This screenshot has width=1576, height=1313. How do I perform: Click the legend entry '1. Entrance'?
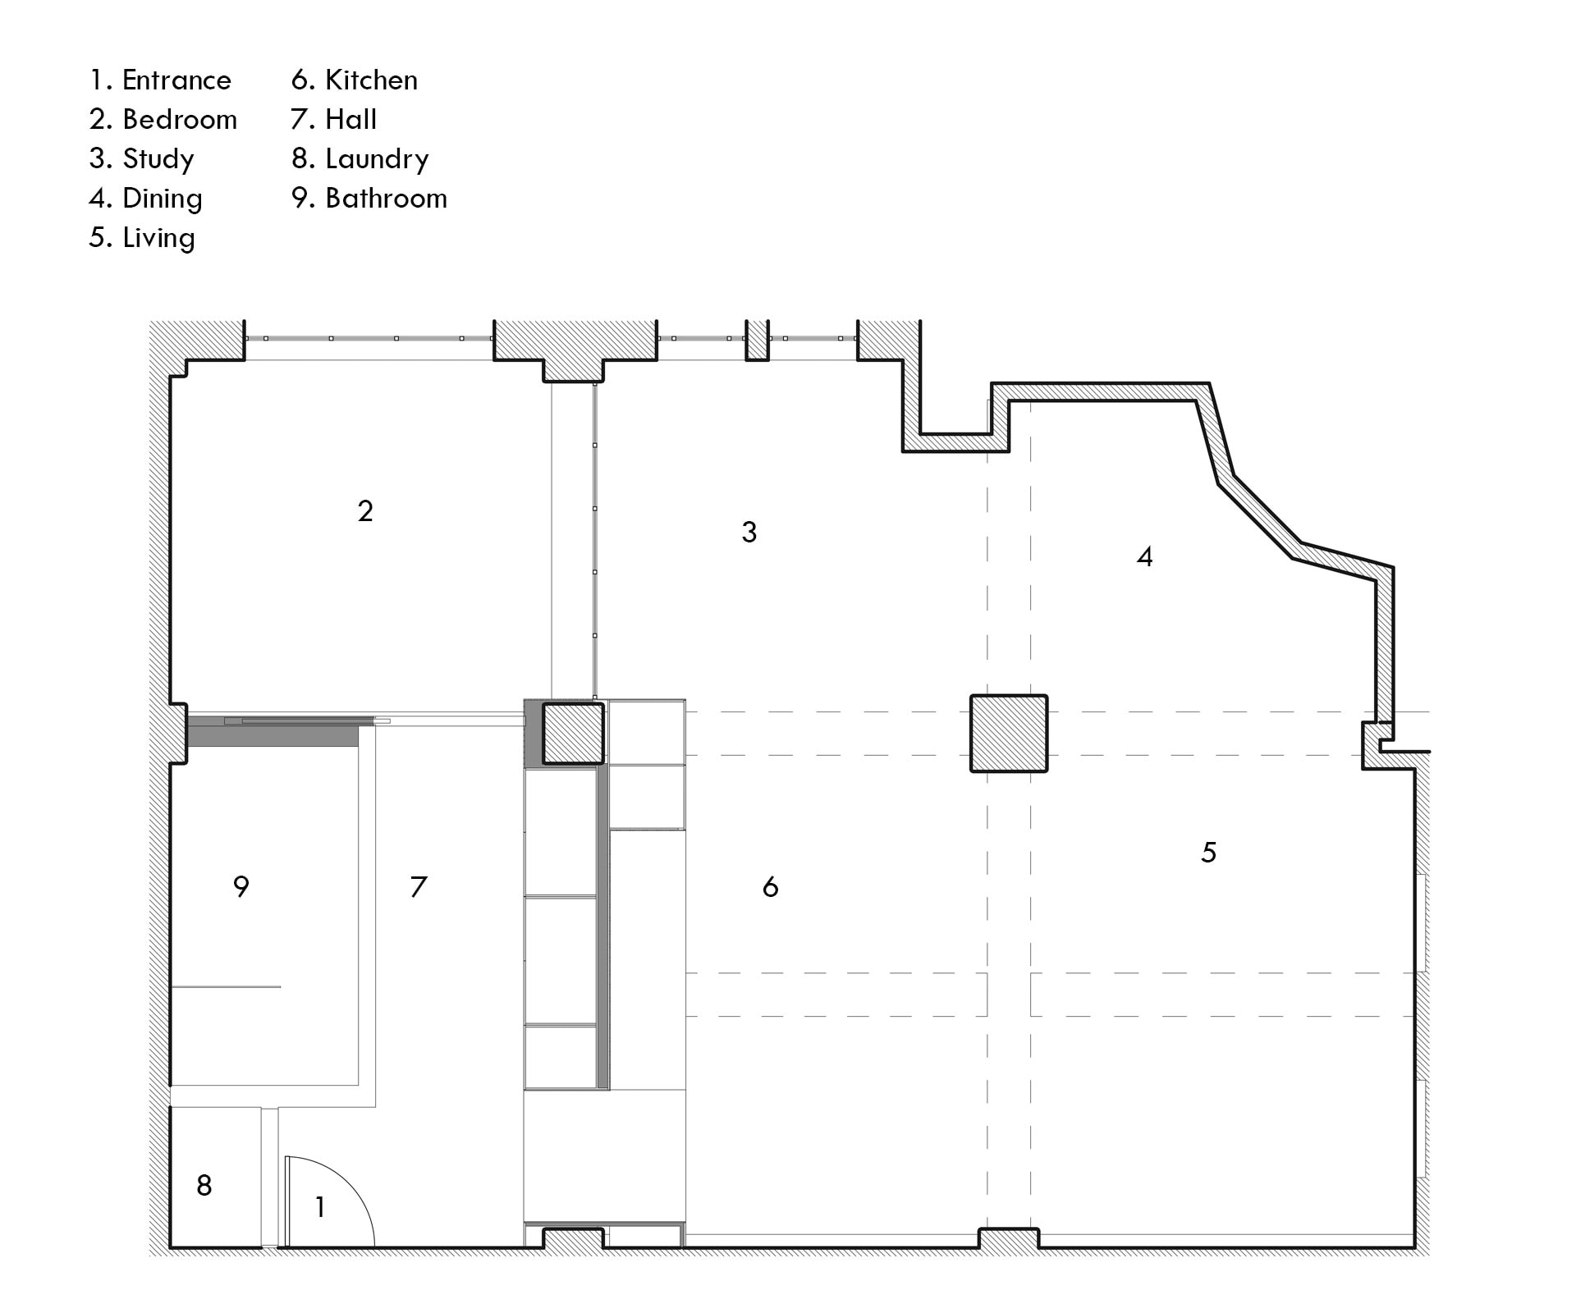point(161,80)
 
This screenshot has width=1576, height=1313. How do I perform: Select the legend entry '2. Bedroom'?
point(163,120)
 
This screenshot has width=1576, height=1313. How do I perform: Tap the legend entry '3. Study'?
point(142,159)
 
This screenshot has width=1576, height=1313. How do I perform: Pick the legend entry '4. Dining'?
point(146,199)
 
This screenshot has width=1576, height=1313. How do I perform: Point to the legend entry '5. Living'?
point(143,238)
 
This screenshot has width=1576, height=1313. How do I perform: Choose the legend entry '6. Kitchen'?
point(355,80)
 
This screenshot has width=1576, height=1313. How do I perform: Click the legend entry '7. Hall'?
point(334,120)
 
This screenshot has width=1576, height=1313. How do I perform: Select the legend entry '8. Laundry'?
point(360,159)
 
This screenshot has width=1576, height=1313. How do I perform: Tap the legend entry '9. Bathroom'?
point(369,199)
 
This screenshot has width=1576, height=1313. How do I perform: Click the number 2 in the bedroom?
point(366,511)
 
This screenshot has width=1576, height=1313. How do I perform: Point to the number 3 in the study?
point(749,532)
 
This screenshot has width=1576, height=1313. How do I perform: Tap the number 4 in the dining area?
point(1145,556)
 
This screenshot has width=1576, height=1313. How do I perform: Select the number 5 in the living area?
point(1208,853)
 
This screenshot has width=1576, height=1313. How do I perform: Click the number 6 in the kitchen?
point(770,886)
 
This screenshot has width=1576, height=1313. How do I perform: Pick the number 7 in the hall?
point(419,886)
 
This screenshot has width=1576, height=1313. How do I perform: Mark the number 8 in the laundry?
point(204,1185)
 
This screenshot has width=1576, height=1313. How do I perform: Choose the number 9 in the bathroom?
point(241,886)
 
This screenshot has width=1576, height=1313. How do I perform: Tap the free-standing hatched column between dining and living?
point(1009,734)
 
